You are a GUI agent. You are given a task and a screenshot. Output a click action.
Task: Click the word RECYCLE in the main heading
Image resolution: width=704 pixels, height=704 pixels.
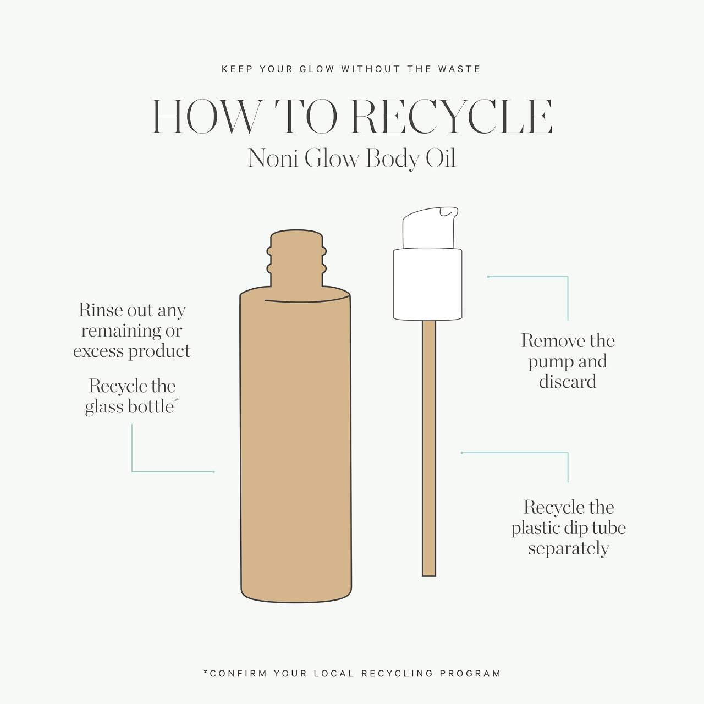[x=451, y=117]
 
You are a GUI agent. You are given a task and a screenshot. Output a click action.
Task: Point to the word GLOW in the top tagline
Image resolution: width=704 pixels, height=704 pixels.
[x=317, y=69]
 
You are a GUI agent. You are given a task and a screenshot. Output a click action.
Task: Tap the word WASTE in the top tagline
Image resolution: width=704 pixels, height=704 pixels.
[x=459, y=69]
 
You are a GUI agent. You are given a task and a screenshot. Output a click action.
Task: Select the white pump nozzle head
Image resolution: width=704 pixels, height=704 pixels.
[x=430, y=228]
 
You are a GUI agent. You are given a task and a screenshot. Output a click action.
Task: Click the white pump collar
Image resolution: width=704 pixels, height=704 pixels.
[x=427, y=284]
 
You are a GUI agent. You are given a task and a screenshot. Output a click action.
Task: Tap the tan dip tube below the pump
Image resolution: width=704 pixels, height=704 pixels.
[x=429, y=448]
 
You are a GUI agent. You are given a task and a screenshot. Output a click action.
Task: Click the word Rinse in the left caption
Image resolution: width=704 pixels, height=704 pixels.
[x=100, y=310]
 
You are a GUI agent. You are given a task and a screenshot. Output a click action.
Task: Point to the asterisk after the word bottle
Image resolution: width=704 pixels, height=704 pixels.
[x=177, y=400]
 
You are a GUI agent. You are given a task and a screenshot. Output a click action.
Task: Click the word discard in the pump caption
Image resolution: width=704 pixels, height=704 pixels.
[x=568, y=382]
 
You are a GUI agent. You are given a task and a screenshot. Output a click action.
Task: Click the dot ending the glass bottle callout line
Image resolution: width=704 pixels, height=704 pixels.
[x=214, y=472]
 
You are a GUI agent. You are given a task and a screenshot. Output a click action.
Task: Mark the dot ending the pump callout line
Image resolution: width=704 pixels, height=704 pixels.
[x=488, y=277]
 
